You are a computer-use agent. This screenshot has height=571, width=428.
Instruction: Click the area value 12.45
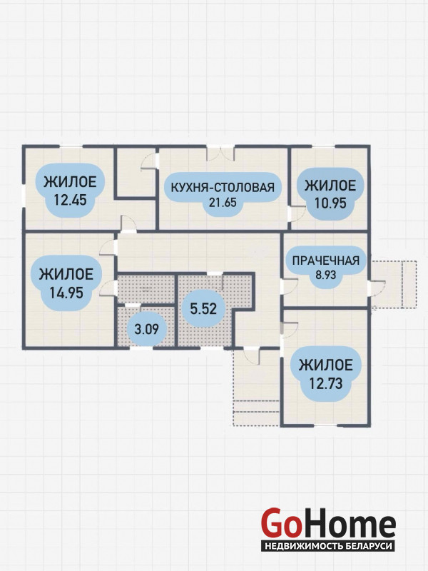pyautogui.click(x=70, y=200)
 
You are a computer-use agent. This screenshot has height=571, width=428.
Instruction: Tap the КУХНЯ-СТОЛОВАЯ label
pyautogui.click(x=223, y=187)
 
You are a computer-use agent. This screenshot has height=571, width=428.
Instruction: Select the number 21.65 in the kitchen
pyautogui.click(x=223, y=202)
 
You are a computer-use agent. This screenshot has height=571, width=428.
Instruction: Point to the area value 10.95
pyautogui.click(x=330, y=203)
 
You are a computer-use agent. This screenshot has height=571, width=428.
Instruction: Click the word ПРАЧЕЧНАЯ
pyautogui.click(x=326, y=261)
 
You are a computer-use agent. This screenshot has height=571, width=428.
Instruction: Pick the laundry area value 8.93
pyautogui.click(x=326, y=275)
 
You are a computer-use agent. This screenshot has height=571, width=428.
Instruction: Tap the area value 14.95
pyautogui.click(x=66, y=293)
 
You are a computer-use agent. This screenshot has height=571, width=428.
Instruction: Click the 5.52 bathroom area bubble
pyautogui.click(x=203, y=309)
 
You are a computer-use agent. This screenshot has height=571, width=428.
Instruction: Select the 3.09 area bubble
pyautogui.click(x=147, y=329)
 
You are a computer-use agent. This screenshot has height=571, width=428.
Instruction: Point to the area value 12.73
pyautogui.click(x=326, y=383)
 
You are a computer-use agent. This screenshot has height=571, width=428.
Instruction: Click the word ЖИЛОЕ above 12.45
pyautogui.click(x=70, y=181)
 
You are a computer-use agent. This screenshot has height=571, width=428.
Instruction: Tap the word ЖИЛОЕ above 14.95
pyautogui.click(x=66, y=274)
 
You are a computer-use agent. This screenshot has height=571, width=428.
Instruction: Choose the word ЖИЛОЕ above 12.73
pyautogui.click(x=326, y=365)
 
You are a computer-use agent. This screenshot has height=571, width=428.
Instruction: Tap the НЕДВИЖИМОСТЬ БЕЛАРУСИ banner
pyautogui.click(x=328, y=546)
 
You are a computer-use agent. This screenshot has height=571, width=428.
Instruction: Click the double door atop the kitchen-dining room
pyautogui.click(x=220, y=153)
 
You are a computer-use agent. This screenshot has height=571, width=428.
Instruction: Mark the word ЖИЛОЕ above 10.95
pyautogui.click(x=330, y=186)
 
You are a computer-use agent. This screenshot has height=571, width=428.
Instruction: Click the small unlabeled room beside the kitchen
pyautogui.click(x=136, y=172)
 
